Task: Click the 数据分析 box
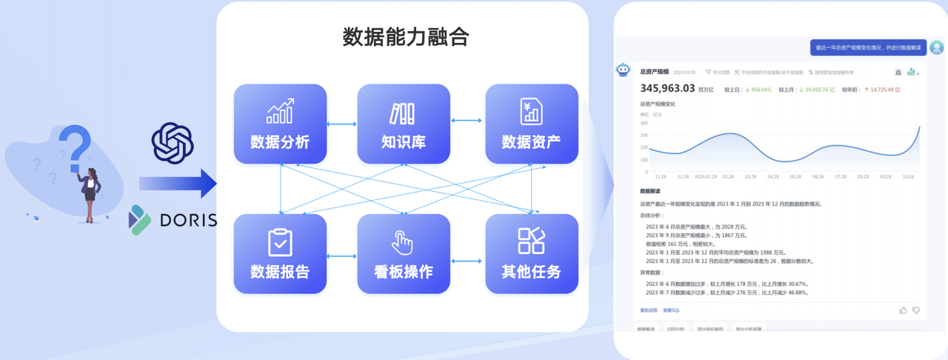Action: click(280, 124)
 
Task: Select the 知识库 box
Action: click(404, 124)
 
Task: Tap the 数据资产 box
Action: click(531, 124)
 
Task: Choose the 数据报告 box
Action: click(280, 253)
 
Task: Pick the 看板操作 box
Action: click(404, 253)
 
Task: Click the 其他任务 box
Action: click(531, 253)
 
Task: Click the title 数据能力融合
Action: click(405, 37)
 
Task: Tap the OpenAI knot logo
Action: click(172, 142)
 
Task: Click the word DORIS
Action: click(187, 220)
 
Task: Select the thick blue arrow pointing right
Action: click(177, 184)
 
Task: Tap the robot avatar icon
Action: click(623, 70)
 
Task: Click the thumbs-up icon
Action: click(903, 310)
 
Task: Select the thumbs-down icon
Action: click(916, 310)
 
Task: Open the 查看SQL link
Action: click(671, 310)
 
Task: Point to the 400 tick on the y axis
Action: click(643, 124)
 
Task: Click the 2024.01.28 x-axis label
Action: click(705, 177)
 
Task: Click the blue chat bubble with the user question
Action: click(868, 47)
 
